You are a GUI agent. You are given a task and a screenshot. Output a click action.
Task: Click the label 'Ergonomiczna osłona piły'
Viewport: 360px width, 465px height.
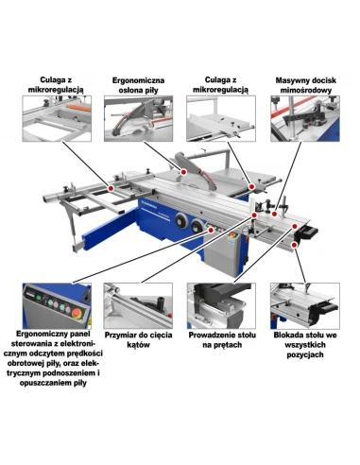tap(138, 85)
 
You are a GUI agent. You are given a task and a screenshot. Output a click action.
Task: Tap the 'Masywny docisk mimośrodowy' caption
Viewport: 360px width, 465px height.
tap(305, 85)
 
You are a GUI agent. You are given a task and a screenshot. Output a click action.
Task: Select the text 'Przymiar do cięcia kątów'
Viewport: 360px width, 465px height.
tap(138, 339)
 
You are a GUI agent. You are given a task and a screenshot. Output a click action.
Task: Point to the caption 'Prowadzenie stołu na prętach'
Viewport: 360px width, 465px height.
tap(222, 339)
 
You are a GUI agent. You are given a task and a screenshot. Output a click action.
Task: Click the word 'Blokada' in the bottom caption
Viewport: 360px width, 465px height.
tap(288, 335)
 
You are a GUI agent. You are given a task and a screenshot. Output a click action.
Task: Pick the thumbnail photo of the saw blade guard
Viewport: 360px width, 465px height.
tap(139, 119)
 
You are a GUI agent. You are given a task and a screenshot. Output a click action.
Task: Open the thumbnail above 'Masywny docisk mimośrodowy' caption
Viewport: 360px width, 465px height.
tap(305, 119)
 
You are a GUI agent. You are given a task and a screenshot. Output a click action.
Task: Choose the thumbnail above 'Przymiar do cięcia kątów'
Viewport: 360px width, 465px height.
tap(138, 305)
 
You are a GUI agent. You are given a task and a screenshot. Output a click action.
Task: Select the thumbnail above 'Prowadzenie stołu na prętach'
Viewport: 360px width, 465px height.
tap(221, 305)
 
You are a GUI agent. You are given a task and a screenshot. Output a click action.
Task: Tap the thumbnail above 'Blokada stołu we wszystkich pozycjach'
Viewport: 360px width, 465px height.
tap(305, 305)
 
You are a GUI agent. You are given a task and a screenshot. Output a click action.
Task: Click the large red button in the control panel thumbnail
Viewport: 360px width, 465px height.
tap(77, 313)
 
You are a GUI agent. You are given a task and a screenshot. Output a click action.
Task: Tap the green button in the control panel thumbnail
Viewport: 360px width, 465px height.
tap(39, 298)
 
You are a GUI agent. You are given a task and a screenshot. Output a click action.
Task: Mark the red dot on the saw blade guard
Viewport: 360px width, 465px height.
tap(183, 172)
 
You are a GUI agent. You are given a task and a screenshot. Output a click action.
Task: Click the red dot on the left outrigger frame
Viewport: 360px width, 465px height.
tap(111, 188)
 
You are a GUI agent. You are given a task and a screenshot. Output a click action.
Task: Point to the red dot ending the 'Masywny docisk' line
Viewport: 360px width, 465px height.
tap(274, 214)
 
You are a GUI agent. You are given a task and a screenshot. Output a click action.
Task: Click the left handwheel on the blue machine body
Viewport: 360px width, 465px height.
tap(181, 219)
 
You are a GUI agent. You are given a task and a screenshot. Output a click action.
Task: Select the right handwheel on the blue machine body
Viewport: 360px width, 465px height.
tap(197, 226)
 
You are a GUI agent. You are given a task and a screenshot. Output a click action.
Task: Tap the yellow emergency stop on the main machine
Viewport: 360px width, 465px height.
tap(233, 235)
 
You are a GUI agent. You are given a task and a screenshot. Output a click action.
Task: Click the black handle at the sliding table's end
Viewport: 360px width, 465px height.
tap(306, 233)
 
